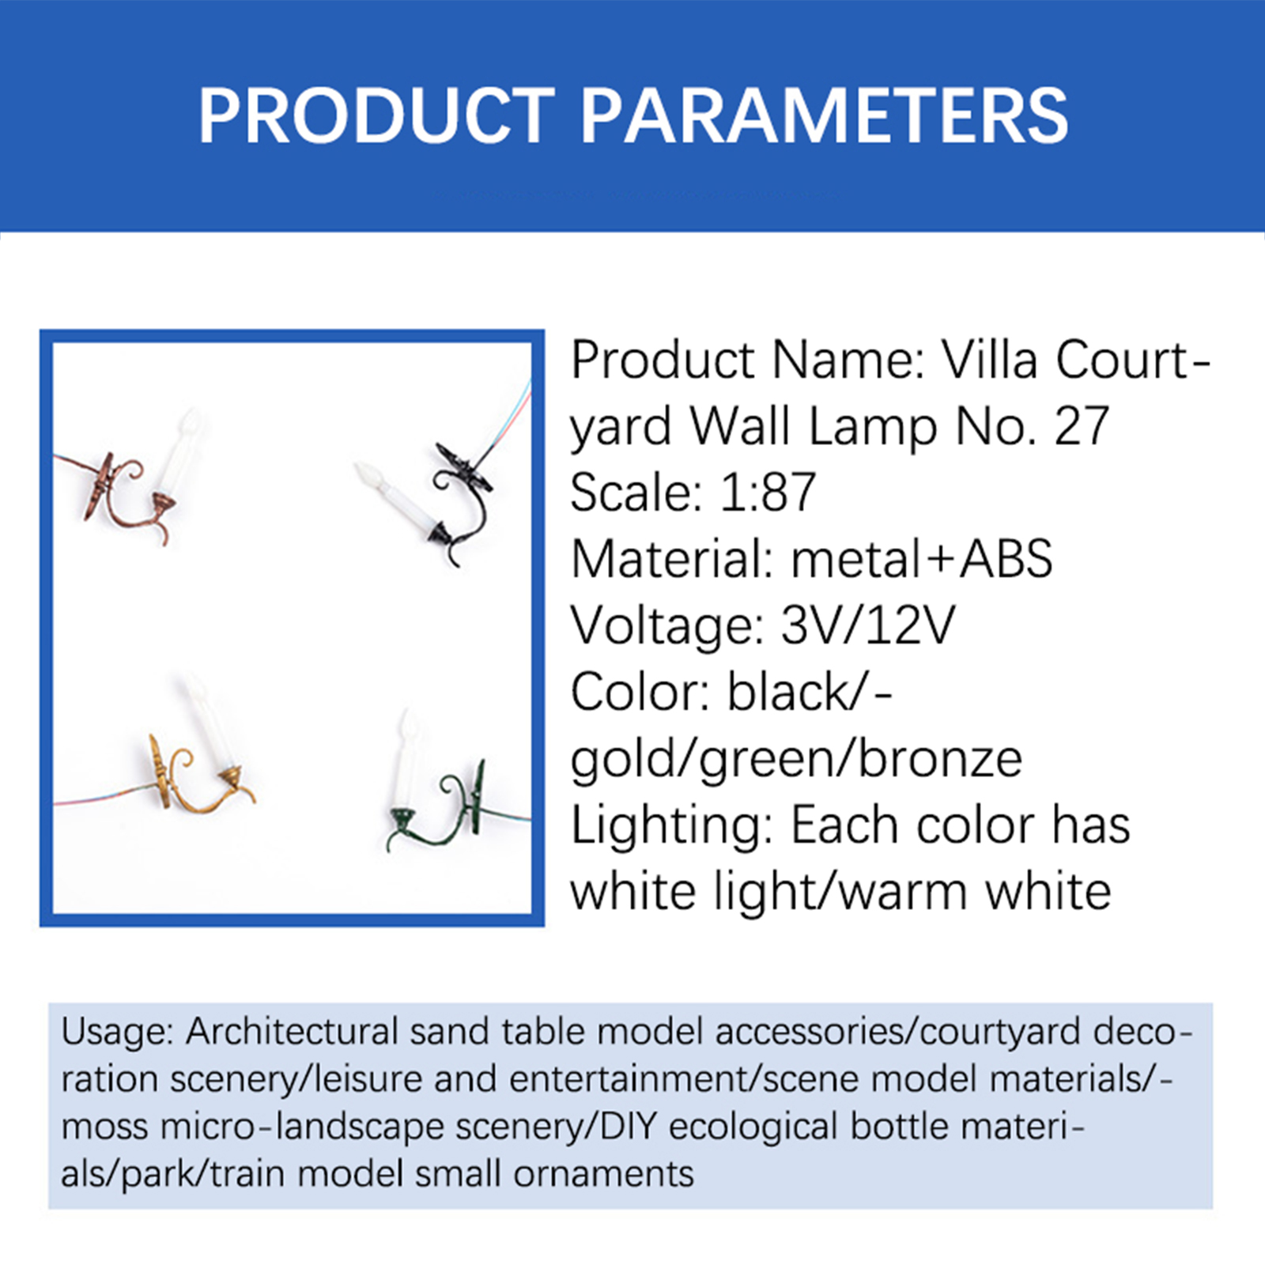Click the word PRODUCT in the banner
376,115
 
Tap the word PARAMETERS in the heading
825,115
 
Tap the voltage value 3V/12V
867,625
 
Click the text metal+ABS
922,559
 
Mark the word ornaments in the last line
603,1174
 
